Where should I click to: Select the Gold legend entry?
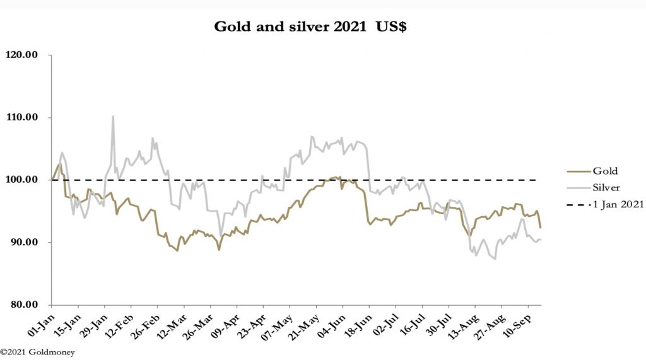pyautogui.click(x=604, y=170)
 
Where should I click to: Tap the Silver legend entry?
pyautogui.click(x=606, y=187)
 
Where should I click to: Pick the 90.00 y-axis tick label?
pyautogui.click(x=24, y=242)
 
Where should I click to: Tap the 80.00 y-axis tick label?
pyautogui.click(x=24, y=305)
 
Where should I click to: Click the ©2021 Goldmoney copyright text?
pyautogui.click(x=37, y=352)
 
